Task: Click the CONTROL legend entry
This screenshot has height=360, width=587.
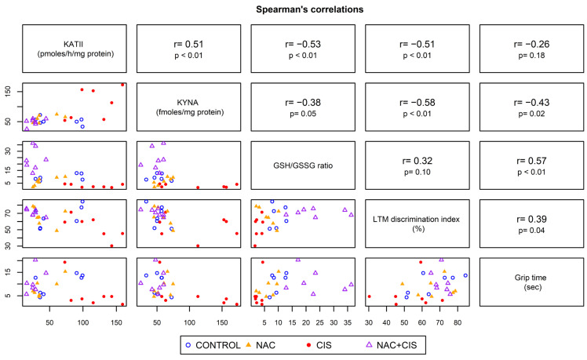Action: click(212, 344)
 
